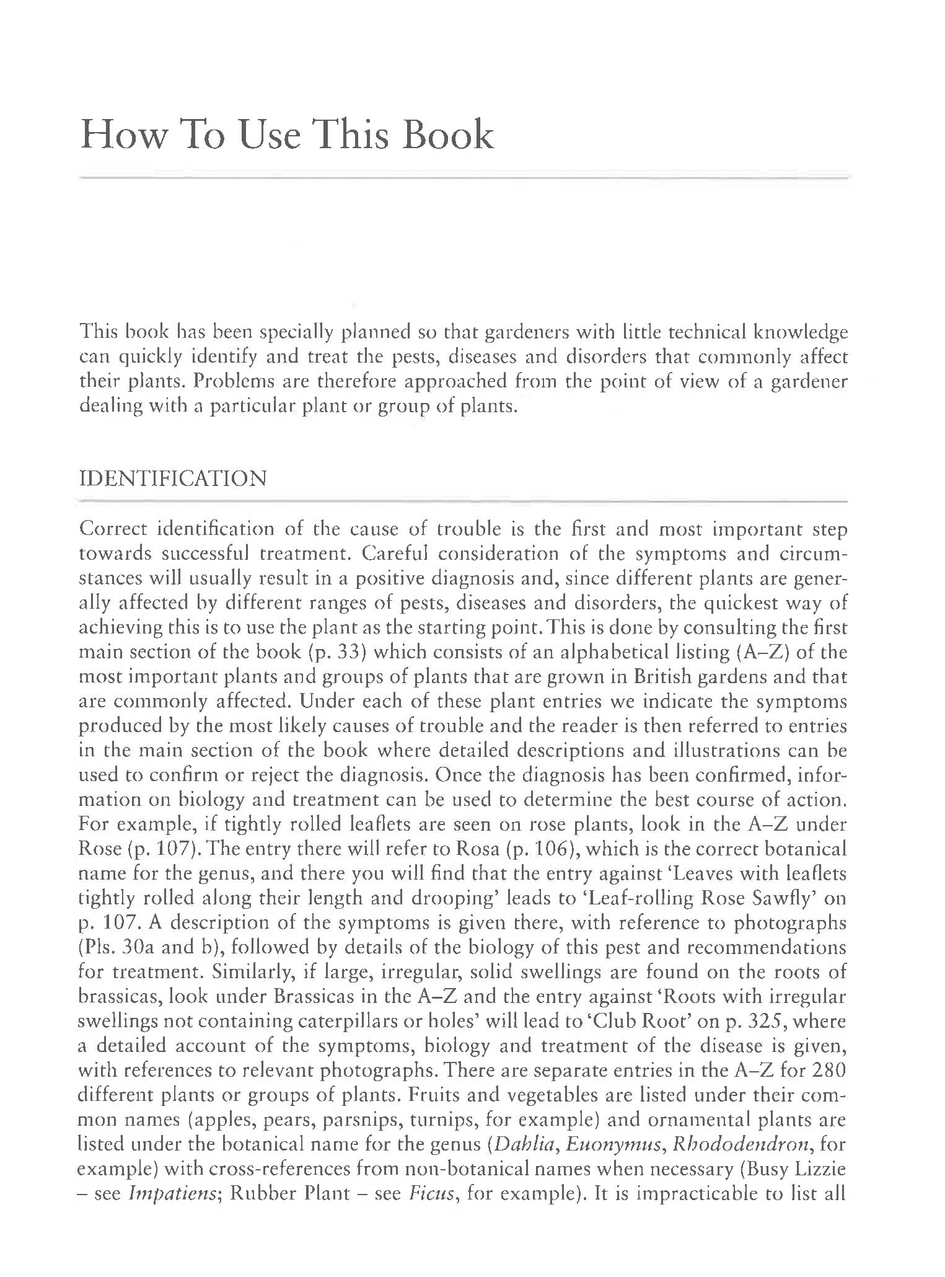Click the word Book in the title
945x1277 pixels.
tap(447, 135)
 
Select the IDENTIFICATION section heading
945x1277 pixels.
tap(174, 479)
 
